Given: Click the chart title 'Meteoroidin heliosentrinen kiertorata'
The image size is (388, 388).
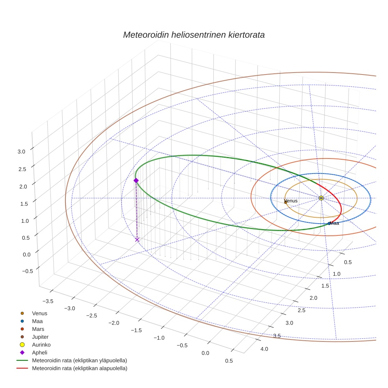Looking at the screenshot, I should (x=194, y=35).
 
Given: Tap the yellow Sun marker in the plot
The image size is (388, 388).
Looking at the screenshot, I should (x=321, y=198).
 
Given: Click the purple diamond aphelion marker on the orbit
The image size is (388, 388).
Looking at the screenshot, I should (x=136, y=181).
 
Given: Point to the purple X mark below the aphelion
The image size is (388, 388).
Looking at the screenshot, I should (x=137, y=239).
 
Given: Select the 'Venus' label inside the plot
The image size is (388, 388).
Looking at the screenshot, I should (x=291, y=201).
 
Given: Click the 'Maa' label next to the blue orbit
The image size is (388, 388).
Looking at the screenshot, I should (x=334, y=223).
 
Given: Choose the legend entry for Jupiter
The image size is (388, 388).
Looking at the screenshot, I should (x=40, y=337).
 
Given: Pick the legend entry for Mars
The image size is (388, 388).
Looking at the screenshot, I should (x=38, y=329).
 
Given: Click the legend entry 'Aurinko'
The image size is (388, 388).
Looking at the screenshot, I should (x=41, y=345).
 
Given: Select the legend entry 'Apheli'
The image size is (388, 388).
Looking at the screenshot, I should (x=39, y=353).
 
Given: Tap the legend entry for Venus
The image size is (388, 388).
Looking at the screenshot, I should (x=39, y=313).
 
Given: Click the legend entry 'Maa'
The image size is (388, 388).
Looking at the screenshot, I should (x=37, y=321).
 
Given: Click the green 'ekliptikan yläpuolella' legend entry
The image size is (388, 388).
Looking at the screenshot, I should (x=79, y=360).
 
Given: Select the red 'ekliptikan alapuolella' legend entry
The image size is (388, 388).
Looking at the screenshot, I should (x=79, y=368).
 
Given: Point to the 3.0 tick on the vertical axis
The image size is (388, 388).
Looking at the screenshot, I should (x=22, y=151).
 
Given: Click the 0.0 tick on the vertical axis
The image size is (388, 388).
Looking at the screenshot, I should (x=22, y=254).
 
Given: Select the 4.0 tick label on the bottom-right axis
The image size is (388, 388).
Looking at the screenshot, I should (x=264, y=349).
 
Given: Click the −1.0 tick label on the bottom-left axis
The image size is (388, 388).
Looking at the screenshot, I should (x=159, y=338).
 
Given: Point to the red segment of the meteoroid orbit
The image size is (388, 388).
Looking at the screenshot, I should (x=339, y=205).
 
